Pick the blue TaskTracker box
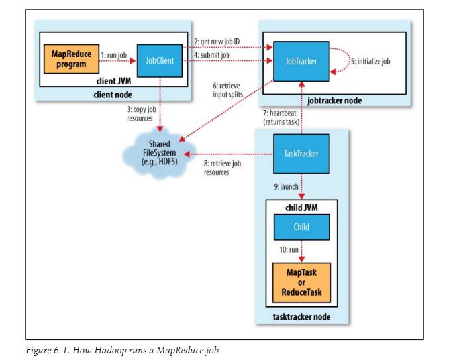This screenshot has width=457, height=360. [301, 154]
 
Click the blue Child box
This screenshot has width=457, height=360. [301, 227]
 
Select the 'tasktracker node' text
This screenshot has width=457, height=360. [301, 317]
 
